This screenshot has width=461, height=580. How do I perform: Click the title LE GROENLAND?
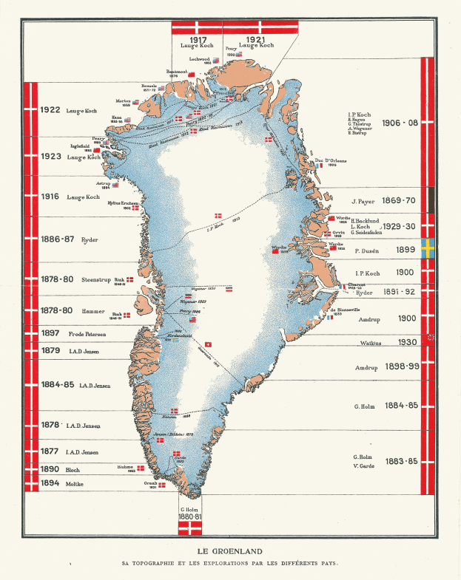coord(229,550)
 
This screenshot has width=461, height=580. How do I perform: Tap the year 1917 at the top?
coord(197,38)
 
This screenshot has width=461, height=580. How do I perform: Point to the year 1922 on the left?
coord(50,109)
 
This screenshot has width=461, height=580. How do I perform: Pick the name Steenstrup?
coord(96,280)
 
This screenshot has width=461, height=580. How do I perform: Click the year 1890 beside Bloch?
coord(50,469)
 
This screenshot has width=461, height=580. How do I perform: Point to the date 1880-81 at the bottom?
coord(192,516)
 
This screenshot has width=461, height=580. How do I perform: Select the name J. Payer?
coord(365,200)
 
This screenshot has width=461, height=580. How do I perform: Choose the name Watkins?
coord(367,342)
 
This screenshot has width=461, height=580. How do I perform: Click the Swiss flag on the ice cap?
coord(208,344)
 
